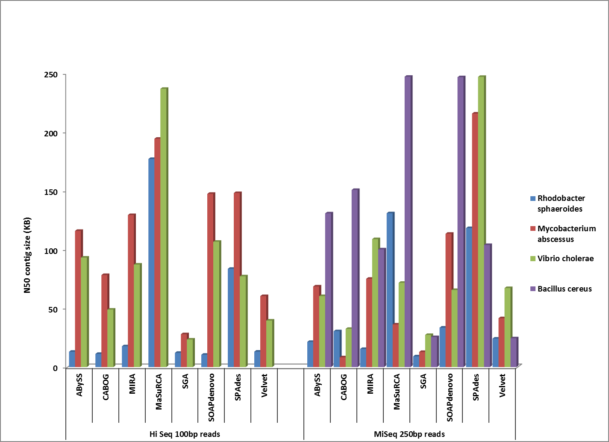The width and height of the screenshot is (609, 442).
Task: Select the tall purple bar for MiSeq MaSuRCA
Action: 408,222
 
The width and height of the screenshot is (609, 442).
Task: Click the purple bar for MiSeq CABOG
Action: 355,278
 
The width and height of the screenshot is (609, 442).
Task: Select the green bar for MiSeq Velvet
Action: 507,327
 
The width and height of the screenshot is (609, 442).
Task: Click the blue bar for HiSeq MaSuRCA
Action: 151,263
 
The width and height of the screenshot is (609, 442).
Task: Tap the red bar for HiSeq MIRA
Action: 131,291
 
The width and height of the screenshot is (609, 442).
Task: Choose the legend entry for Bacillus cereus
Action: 564,289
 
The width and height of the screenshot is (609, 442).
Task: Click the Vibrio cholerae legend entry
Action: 565,259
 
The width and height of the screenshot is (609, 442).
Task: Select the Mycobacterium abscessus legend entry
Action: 566,234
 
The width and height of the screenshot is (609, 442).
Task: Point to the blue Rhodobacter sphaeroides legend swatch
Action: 533,198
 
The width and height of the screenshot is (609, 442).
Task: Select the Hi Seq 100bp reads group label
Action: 185,434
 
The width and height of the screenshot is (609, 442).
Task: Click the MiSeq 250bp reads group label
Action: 409,434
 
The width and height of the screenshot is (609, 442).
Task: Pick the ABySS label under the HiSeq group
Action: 79,386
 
